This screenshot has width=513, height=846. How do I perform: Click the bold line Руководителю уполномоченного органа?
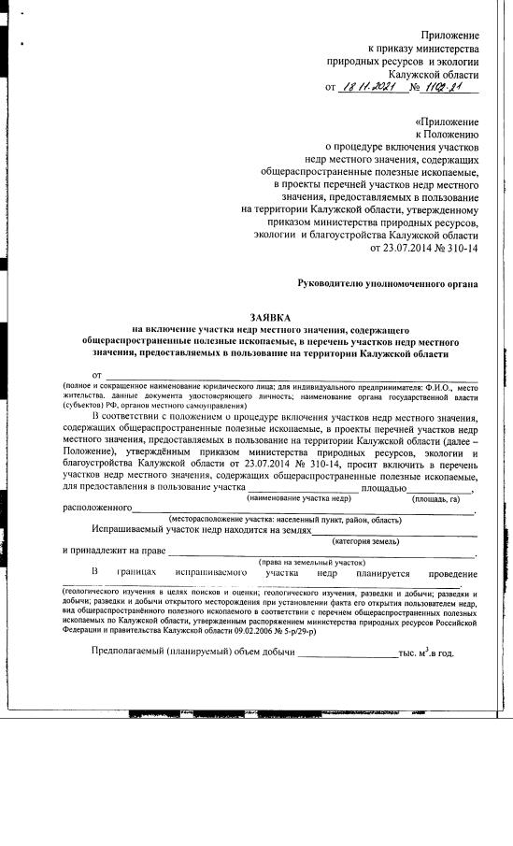388,281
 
